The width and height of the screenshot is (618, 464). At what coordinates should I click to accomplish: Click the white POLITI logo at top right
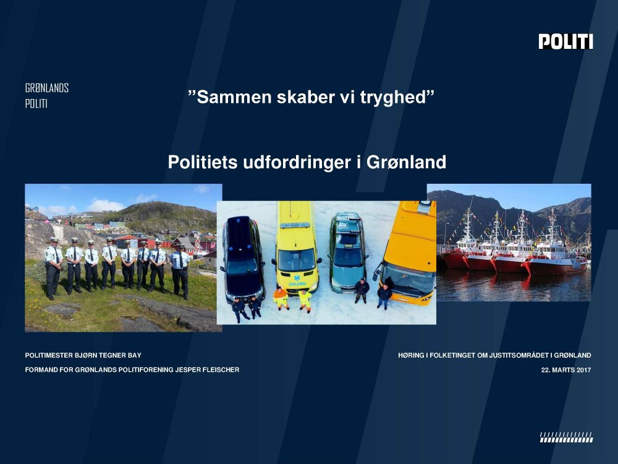[565, 41]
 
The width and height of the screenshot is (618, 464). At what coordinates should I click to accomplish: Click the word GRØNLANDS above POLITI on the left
[47, 88]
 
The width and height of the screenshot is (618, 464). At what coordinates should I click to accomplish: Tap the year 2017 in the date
[583, 370]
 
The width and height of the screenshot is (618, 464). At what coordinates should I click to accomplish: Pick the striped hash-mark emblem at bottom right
[566, 437]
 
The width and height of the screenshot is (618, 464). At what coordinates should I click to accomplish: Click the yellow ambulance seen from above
[296, 248]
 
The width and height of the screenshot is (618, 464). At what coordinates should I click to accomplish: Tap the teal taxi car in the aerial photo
[347, 252]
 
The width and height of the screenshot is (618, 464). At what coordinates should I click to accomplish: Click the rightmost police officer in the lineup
[180, 272]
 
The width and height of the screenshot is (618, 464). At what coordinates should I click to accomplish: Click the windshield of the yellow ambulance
[297, 260]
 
